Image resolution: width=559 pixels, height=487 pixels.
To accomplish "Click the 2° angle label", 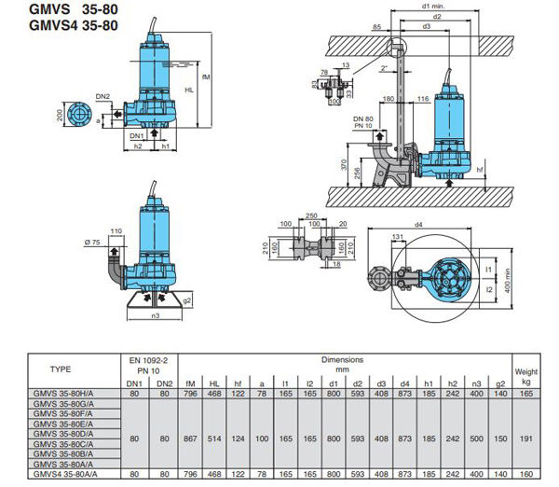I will tap(385, 68).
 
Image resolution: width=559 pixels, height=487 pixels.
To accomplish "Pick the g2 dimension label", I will tap(187, 301).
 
